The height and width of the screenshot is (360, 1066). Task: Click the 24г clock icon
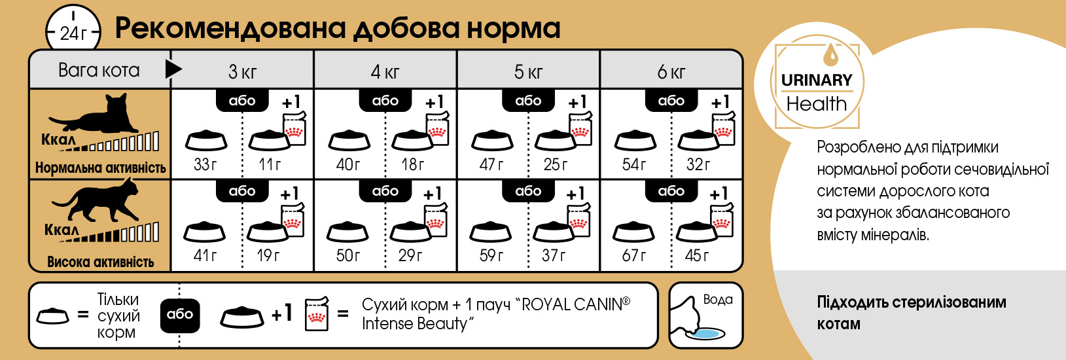coord(73,29)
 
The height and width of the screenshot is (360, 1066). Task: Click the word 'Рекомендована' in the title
coord(230,29)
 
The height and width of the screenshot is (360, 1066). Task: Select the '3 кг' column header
coord(242,72)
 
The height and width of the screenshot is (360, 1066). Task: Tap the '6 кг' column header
coord(671,72)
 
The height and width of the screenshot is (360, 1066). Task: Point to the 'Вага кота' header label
coord(99,70)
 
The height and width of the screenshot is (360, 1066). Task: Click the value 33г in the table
coord(205,165)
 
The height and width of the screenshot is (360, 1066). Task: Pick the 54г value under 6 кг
coord(634,165)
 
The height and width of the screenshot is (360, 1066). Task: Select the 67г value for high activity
coord(634,256)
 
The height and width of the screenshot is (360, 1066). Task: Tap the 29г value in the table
coord(410,256)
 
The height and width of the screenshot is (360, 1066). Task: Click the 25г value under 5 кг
coord(556,165)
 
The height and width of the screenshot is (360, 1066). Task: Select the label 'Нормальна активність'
coord(100,168)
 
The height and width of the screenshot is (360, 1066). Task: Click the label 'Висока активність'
coord(100,262)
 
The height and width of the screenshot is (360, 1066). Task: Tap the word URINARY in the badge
coord(817,80)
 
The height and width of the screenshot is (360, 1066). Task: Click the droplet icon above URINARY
coord(831,55)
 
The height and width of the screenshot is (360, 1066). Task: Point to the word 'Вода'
coord(718,300)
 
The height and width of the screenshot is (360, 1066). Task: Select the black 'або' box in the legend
coord(180,315)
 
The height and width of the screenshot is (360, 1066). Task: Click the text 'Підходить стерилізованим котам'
coord(912,313)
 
